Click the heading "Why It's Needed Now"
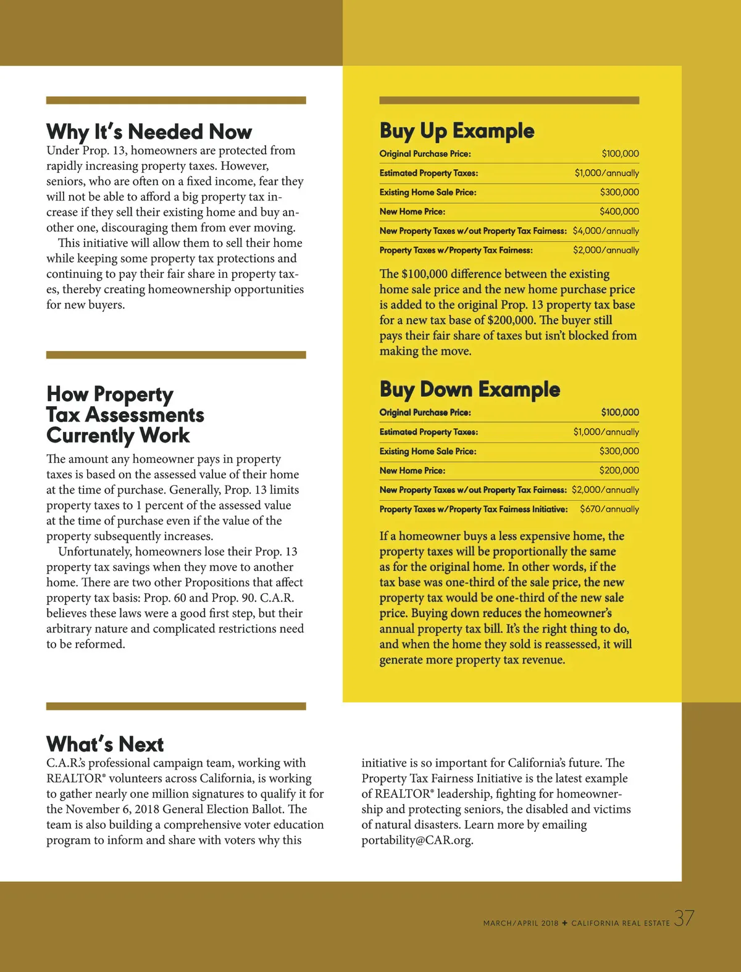(x=149, y=131)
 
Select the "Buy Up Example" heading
(x=457, y=131)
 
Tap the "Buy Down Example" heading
(x=469, y=389)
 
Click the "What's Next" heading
(x=105, y=744)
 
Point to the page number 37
(x=684, y=918)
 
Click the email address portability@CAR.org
(x=417, y=841)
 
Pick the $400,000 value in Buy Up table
(x=619, y=212)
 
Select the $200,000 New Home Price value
(x=619, y=470)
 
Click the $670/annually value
(x=609, y=509)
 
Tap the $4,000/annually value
(x=606, y=231)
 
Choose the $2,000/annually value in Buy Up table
(x=606, y=250)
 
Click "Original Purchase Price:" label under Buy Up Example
(x=425, y=154)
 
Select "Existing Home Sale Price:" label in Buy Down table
(x=427, y=451)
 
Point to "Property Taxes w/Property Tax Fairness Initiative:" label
(x=473, y=509)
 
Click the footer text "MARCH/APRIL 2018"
(x=521, y=923)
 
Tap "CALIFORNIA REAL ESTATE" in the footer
(x=620, y=923)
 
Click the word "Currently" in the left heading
(x=90, y=436)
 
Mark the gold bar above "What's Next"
(x=176, y=706)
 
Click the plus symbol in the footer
(x=564, y=923)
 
